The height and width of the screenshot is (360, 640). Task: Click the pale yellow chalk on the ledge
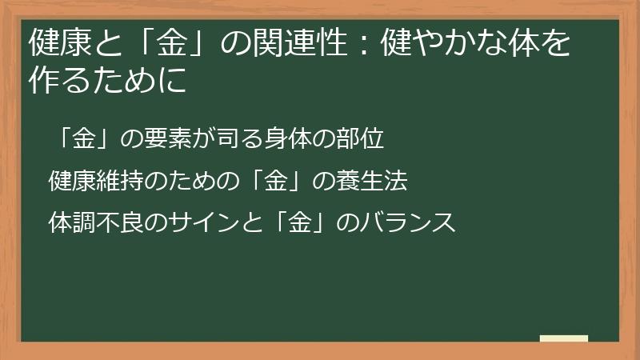(x=564, y=338)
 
